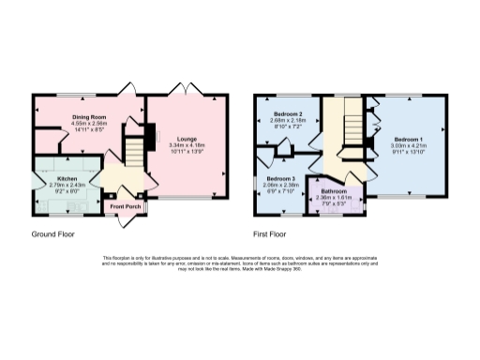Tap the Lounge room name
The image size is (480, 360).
(x=187, y=138)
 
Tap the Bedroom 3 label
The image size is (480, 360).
(x=279, y=178)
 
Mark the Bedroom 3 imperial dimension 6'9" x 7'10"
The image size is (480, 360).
(x=279, y=192)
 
